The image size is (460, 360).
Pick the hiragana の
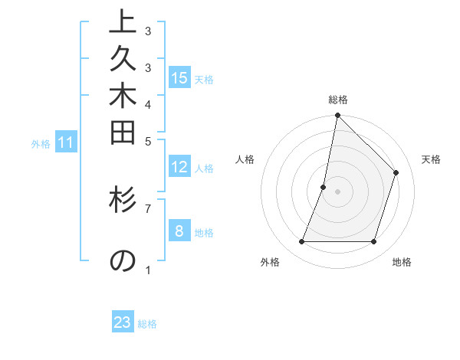coord(123,260)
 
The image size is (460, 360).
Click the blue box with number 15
coord(179,77)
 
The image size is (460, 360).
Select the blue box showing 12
coord(179,167)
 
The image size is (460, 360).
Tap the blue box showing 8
coord(179,231)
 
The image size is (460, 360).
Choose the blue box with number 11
coord(66,142)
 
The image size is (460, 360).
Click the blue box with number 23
coord(123,322)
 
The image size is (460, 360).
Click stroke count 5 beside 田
coord(148,141)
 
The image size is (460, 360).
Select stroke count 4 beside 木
coord(148,103)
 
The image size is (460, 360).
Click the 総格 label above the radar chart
coord(337,100)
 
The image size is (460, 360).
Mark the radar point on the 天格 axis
coord(396,172)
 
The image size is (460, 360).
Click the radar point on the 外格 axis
coord(301,242)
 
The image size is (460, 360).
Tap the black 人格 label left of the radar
coord(245,159)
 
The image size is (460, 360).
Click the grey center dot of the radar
coord(337,191)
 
